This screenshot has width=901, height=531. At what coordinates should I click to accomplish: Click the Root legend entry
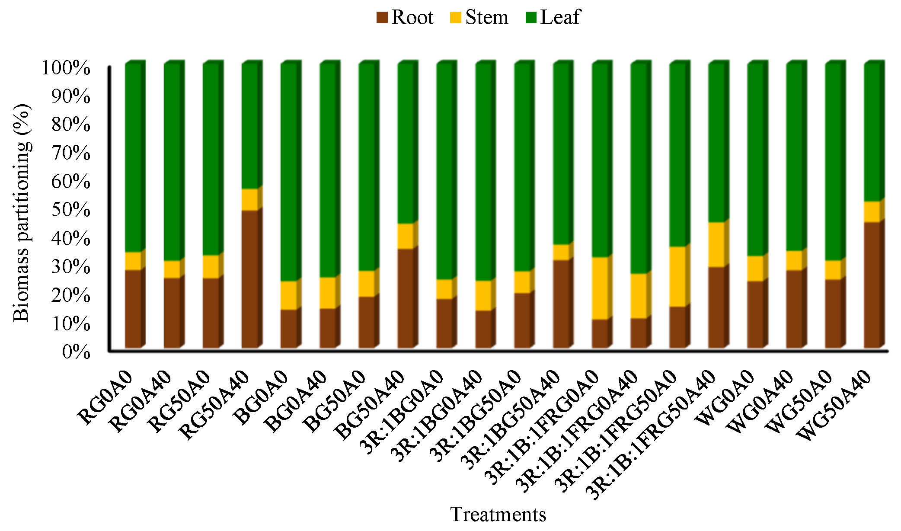pos(405,18)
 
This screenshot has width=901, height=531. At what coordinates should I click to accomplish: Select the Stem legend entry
pos(479,18)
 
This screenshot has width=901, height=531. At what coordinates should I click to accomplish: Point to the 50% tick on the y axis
pos(71,210)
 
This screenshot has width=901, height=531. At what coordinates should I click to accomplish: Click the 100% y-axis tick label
pos(66,68)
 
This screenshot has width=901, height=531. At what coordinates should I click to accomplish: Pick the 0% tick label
pos(76,352)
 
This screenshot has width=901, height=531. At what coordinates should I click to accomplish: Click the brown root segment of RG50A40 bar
pos(250,279)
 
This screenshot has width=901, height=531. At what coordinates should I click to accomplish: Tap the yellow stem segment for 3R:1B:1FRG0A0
pos(600,288)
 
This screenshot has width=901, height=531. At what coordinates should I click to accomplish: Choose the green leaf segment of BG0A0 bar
pos(289,173)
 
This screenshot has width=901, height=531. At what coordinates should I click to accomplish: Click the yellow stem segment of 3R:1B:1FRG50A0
pos(677,276)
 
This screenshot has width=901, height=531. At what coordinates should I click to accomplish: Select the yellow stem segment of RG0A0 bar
pos(133,261)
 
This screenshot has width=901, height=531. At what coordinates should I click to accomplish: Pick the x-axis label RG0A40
pos(140,400)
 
